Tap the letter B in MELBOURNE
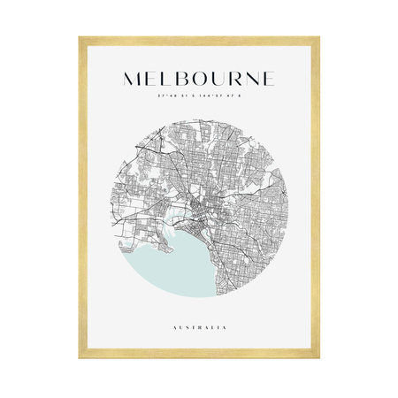(x=183, y=78)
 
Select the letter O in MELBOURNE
(x=202, y=78)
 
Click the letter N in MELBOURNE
(x=253, y=78)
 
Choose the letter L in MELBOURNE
(x=168, y=78)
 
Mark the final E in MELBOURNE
(x=269, y=78)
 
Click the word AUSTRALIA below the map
(x=200, y=327)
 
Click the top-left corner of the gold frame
(x=80, y=38)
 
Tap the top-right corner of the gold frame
(x=318, y=38)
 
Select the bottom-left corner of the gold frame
(x=80, y=361)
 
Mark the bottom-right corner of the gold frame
(x=318, y=361)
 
